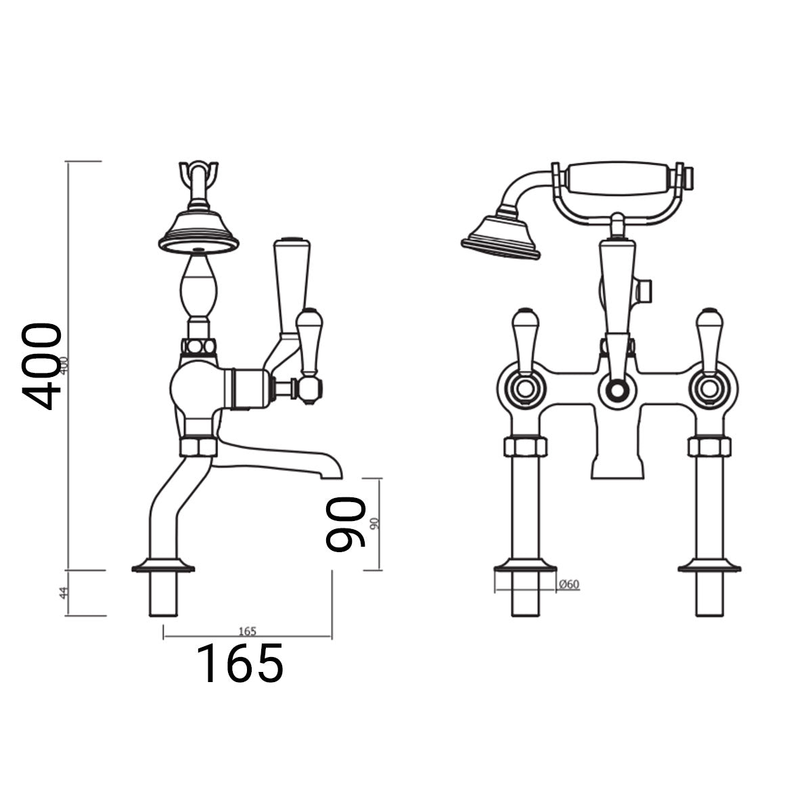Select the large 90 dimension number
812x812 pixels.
pos(345,524)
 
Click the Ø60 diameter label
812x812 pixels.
pos(570,585)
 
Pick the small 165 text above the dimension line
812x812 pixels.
pos(247,631)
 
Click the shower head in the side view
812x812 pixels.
pos(196,232)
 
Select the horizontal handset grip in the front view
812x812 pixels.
pos(617,179)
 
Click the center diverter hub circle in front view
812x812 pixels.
pos(616,390)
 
